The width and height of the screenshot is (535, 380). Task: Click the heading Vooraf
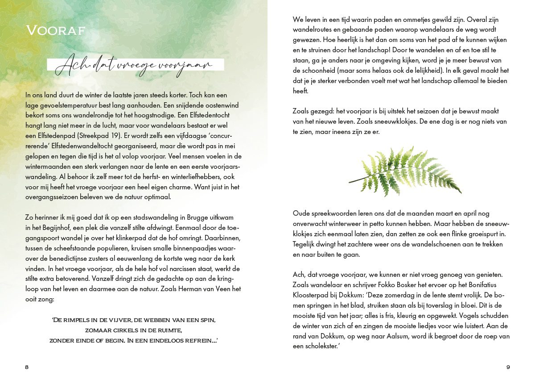(56, 31)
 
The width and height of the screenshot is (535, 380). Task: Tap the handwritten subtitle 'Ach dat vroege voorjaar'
(136, 65)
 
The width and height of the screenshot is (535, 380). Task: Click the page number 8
(27, 367)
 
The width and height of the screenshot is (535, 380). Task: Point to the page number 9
(508, 367)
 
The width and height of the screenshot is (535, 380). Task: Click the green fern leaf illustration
(405, 171)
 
